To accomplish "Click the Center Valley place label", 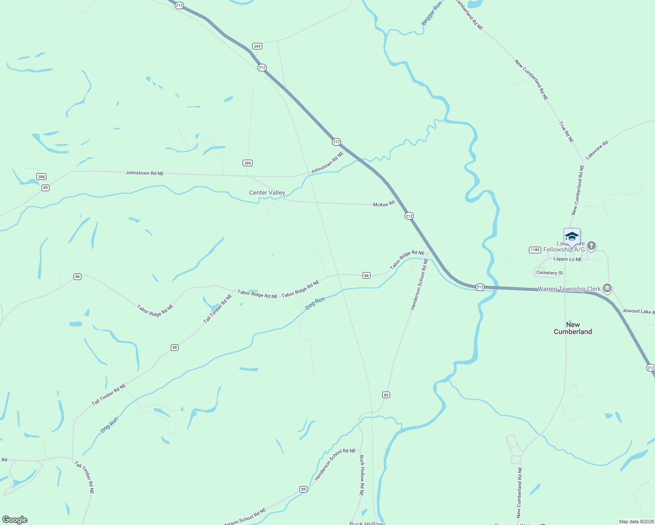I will pyautogui.click(x=267, y=192).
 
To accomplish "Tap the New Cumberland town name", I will pyautogui.click(x=573, y=328).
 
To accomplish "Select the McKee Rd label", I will pyautogui.click(x=384, y=204).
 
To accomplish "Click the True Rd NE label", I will pyautogui.click(x=566, y=132).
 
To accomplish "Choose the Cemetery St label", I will pyautogui.click(x=549, y=273).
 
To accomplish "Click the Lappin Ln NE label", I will pyautogui.click(x=567, y=259).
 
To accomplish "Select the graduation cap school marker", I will pyautogui.click(x=572, y=236).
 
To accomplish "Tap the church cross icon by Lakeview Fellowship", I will pyautogui.click(x=592, y=246).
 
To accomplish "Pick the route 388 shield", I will pyautogui.click(x=41, y=177).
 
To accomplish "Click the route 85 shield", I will pyautogui.click(x=46, y=188).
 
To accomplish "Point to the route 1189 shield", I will pyautogui.click(x=535, y=250).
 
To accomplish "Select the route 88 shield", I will pyautogui.click(x=175, y=347).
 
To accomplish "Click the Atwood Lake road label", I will pyautogui.click(x=639, y=311).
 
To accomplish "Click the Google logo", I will pyautogui.click(x=15, y=519).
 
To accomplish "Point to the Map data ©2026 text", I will pyautogui.click(x=636, y=521).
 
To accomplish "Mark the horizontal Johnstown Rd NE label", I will pyautogui.click(x=144, y=173).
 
